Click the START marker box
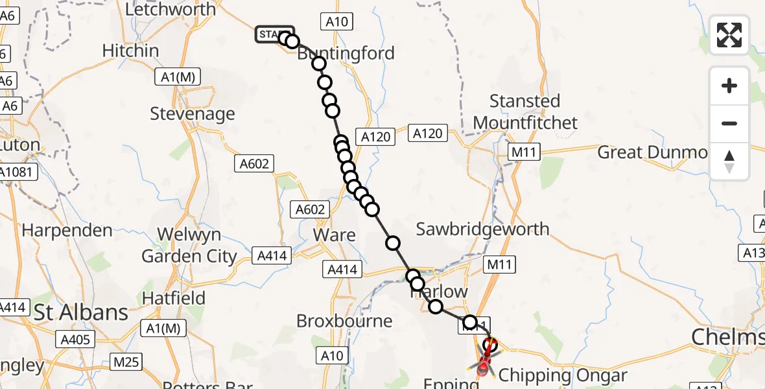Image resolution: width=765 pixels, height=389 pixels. point(274,34)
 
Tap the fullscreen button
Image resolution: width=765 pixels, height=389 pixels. point(729,35)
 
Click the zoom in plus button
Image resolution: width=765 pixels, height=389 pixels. point(729,86)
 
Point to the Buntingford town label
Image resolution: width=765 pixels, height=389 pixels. point(346,53)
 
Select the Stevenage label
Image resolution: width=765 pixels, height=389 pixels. point(192,114)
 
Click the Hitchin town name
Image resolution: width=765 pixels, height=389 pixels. point(130,51)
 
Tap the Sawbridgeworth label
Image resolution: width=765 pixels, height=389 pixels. point(482,229)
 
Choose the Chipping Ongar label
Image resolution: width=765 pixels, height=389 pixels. point(563,375)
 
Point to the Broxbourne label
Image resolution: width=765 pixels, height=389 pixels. point(344,321)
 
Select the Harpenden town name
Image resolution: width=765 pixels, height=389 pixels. point(67,230)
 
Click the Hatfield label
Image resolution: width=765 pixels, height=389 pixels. point(173,298)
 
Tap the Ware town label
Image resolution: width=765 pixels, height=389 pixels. point(334,234)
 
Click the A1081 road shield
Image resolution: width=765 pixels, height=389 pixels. point(18,172)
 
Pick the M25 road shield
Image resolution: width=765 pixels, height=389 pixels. point(125,362)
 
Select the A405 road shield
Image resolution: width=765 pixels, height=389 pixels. point(77,339)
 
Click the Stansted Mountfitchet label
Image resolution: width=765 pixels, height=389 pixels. point(525,112)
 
